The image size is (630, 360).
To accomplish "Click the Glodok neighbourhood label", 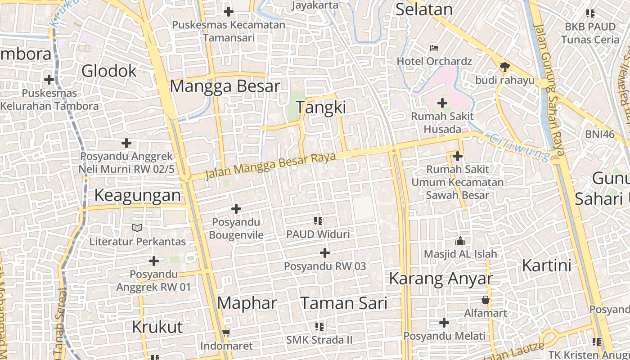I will click(x=109, y=71).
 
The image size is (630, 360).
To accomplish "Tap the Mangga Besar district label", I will click(x=225, y=85).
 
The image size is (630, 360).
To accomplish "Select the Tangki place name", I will click(x=321, y=107).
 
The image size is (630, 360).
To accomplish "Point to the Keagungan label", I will click(x=138, y=195).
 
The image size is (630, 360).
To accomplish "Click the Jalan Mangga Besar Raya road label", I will click(x=271, y=165).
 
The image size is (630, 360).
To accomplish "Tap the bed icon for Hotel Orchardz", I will click(x=434, y=48).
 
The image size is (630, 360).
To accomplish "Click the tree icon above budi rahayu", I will click(x=504, y=67).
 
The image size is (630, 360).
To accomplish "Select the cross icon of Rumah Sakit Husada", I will click(x=442, y=103).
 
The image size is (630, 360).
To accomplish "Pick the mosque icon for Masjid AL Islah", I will click(x=460, y=241).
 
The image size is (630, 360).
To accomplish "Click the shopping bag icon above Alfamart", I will click(x=486, y=299).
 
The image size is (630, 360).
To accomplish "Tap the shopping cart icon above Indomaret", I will click(x=226, y=333).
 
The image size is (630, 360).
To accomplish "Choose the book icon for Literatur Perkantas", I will click(x=137, y=228).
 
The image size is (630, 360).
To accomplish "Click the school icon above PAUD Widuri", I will click(x=319, y=220).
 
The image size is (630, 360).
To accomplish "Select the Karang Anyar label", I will click(x=441, y=278).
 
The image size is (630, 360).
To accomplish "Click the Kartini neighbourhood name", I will click(x=546, y=265).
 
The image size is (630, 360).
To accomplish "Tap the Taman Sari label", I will click(x=343, y=303).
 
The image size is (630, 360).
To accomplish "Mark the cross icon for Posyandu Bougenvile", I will click(x=236, y=209).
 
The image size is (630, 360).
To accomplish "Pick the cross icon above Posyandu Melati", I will click(x=444, y=323).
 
